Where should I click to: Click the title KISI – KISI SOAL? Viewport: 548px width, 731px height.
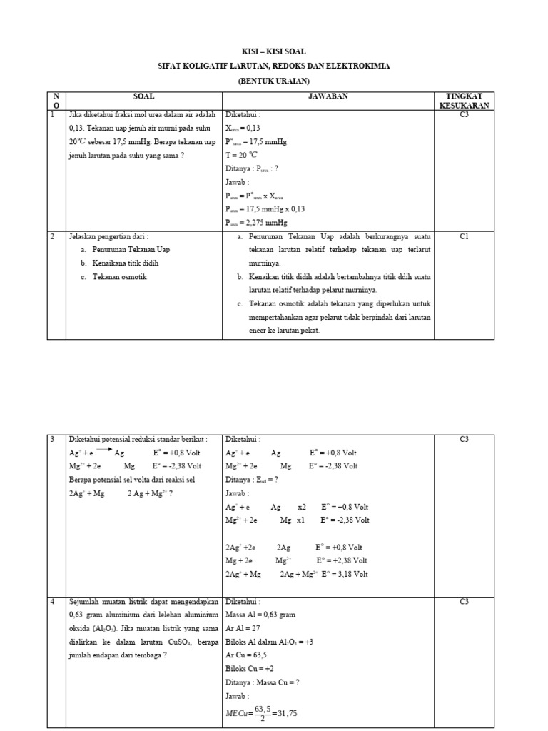(x=275, y=52)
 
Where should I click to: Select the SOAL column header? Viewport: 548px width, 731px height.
(x=143, y=96)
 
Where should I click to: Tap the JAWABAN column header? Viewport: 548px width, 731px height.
(x=328, y=96)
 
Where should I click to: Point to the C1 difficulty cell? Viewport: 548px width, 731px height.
(x=464, y=236)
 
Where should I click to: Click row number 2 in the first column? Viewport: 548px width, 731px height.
(x=53, y=236)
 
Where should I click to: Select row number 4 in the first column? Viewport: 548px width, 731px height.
(x=53, y=601)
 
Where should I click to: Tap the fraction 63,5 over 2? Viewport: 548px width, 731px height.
(x=267, y=715)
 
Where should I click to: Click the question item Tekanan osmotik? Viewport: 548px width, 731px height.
(x=119, y=276)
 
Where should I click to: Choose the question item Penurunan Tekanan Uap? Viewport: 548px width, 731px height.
(x=131, y=249)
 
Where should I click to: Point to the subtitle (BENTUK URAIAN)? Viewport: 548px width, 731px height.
(x=275, y=81)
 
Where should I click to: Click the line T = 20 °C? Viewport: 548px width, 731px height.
(x=242, y=154)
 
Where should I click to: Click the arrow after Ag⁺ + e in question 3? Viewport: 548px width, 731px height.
(x=99, y=450)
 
